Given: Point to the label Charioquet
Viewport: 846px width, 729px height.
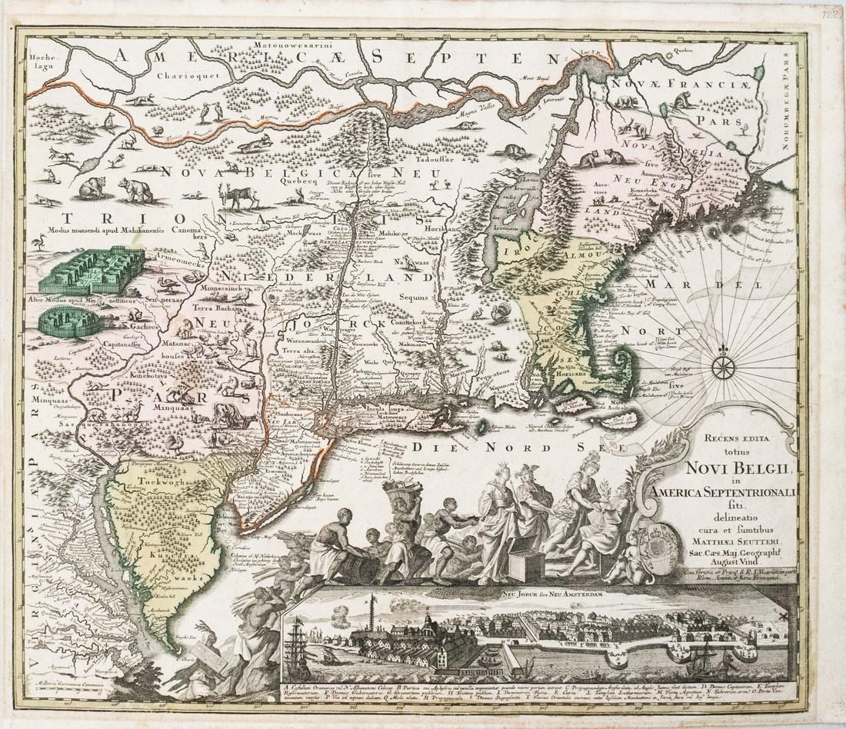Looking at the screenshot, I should (x=185, y=75).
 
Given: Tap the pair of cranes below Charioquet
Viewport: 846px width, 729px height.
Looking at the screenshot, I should (x=210, y=112).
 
